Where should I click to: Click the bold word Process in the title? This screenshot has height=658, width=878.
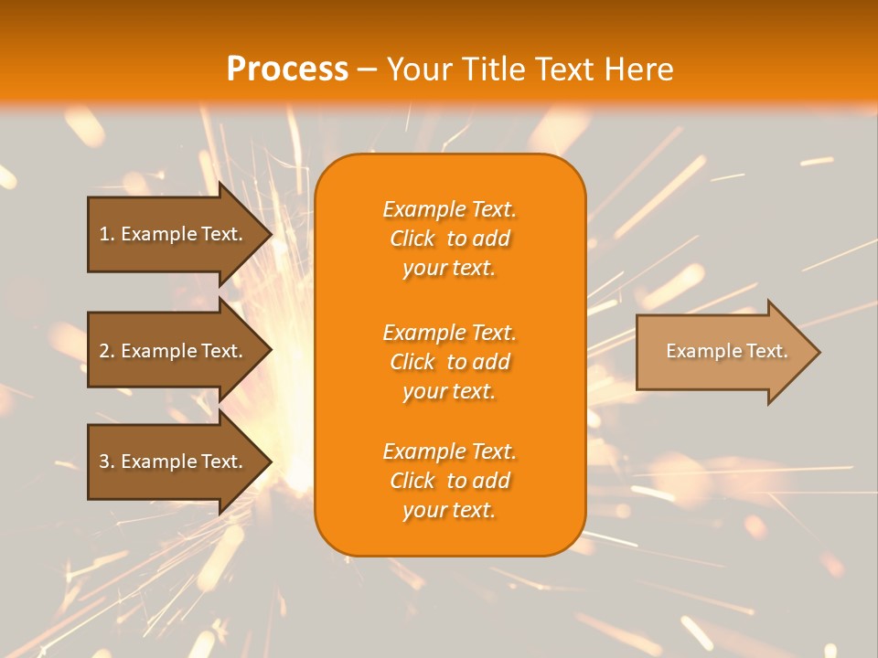coord(287,69)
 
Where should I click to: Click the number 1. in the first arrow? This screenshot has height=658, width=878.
coord(107,234)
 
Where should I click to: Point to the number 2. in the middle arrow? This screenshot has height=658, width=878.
coord(107,351)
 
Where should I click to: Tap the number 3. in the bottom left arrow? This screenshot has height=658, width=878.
coord(107,462)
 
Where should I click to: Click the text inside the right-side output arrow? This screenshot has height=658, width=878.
coord(726,351)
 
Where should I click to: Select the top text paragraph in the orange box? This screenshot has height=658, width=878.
coord(449,239)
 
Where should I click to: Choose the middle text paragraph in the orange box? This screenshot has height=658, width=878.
coord(449,361)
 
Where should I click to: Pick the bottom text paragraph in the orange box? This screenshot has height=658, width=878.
coord(449,481)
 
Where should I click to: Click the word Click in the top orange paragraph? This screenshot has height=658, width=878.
coord(412,239)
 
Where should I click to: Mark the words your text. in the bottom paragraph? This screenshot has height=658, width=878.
coord(449,510)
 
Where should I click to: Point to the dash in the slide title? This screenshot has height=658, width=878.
coord(368,69)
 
